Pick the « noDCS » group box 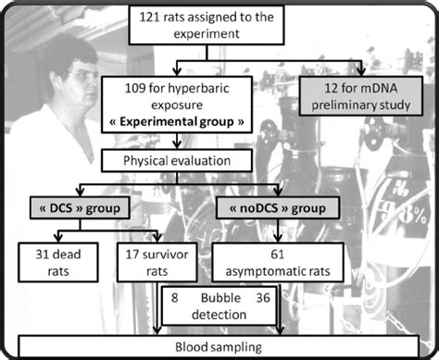point(270,206)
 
